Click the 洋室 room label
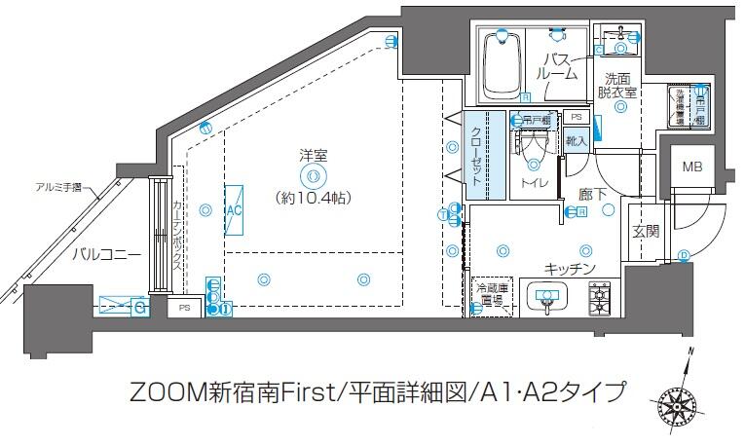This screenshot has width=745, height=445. tap(313, 154)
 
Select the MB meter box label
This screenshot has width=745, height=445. tap(690, 167)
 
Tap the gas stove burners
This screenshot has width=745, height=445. tap(598, 297)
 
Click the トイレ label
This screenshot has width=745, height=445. tap(533, 183)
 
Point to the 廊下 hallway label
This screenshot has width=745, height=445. tap(592, 195)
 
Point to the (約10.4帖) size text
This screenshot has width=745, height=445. tap(313, 197)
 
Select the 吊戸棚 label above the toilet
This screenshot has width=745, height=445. tap(533, 121)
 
